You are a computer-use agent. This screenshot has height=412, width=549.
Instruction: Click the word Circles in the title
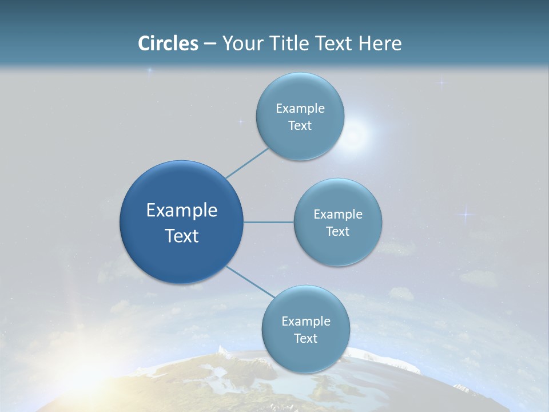(168, 43)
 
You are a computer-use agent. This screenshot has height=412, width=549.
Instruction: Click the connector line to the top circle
(246, 163)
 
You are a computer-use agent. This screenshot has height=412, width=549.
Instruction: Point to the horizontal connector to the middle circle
(269, 222)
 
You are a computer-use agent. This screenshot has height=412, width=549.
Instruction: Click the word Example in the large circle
(181, 211)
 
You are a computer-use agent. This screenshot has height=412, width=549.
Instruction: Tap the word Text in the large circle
(181, 236)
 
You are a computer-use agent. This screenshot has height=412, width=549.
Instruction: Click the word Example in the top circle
(300, 109)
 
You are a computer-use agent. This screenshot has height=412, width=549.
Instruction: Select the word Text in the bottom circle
(305, 339)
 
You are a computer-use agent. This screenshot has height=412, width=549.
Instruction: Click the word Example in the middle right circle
(337, 215)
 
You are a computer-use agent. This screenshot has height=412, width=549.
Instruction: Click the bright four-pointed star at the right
(466, 215)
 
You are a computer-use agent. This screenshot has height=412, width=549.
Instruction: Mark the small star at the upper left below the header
(150, 71)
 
